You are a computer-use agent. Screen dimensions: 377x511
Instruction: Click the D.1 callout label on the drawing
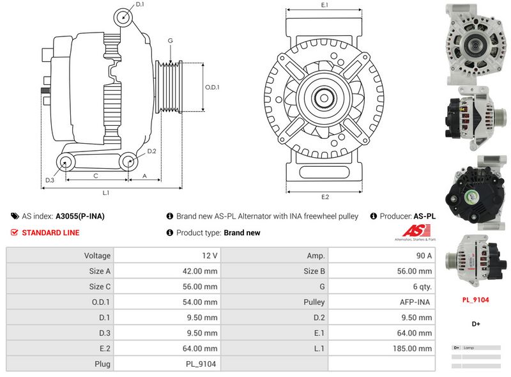(140, 5)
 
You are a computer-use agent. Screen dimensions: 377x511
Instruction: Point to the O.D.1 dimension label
(212, 88)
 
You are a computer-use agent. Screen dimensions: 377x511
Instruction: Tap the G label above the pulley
(171, 41)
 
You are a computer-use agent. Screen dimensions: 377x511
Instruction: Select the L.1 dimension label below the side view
(106, 193)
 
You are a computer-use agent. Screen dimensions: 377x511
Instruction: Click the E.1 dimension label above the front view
(324, 5)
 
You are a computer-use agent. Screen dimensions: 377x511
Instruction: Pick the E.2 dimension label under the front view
(324, 197)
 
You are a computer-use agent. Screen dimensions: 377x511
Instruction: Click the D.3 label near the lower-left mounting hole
(50, 181)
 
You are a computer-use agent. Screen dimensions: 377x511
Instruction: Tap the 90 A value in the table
(423, 256)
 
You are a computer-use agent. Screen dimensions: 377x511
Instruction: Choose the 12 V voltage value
(210, 256)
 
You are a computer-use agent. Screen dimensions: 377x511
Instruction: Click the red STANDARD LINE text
(50, 233)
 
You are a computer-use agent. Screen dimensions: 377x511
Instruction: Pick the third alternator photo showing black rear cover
(475, 188)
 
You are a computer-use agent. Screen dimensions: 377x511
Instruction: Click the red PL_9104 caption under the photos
(475, 299)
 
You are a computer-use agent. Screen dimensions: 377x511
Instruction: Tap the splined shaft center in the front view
(324, 98)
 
